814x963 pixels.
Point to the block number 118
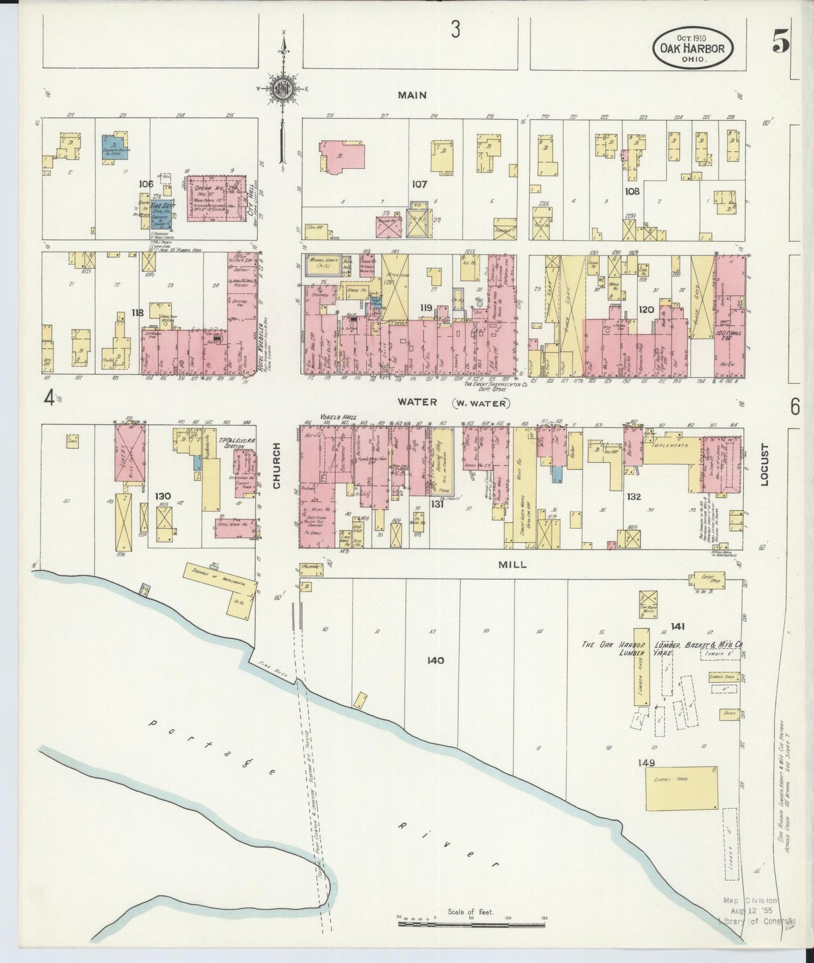point(137,313)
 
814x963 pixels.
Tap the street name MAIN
point(412,96)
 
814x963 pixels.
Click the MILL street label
point(513,564)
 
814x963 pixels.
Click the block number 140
point(435,660)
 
